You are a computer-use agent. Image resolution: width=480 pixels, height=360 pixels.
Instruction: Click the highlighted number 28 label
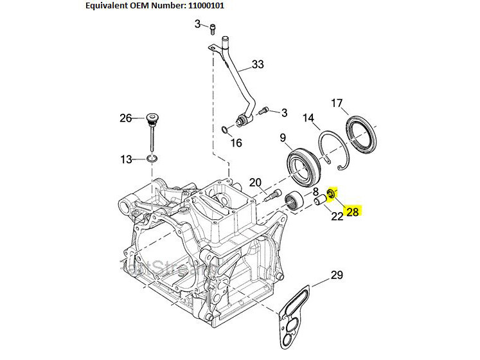[353, 212]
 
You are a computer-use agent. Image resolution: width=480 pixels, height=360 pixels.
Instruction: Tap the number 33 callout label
[258, 64]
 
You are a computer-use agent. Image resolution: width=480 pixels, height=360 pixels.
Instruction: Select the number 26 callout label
[125, 118]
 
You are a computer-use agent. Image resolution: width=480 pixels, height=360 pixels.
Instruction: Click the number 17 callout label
[337, 104]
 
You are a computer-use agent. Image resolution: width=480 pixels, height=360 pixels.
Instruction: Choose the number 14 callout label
[308, 118]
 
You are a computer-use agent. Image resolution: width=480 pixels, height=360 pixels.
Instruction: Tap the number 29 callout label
[337, 276]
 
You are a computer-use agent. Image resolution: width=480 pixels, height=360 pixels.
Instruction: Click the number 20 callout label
[255, 182]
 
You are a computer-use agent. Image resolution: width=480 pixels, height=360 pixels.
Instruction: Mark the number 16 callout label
[236, 143]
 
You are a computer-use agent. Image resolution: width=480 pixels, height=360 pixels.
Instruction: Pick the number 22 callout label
[337, 216]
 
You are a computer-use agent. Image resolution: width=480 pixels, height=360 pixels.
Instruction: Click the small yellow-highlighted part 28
[332, 194]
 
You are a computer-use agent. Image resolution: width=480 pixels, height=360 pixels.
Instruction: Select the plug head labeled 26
[151, 118]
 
